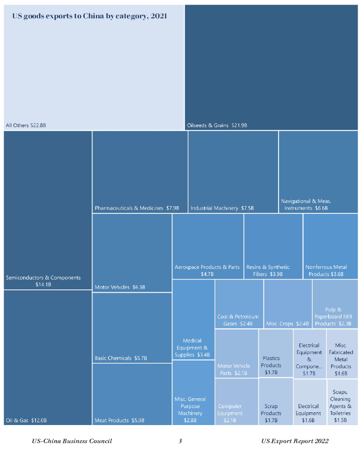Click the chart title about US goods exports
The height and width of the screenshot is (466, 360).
[x=89, y=16]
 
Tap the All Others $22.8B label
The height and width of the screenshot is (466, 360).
[x=26, y=125]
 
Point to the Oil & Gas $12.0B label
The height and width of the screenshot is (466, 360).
[x=26, y=420]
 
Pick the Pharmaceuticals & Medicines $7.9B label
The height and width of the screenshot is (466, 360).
[x=137, y=208]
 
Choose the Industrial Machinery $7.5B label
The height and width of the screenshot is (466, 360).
[x=222, y=208]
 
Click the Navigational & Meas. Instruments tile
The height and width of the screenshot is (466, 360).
[x=318, y=173]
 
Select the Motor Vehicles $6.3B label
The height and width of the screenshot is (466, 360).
[x=120, y=287]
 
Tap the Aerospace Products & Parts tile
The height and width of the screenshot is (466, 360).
[x=208, y=248]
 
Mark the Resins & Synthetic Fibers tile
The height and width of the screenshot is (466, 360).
[x=273, y=248]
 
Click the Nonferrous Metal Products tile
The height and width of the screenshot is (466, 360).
[x=330, y=248]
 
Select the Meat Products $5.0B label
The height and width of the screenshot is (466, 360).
[x=119, y=420]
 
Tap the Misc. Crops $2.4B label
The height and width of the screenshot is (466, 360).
[x=288, y=324]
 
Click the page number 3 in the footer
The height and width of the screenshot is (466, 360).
[x=180, y=441]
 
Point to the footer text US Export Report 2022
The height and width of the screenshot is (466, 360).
[x=295, y=441]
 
